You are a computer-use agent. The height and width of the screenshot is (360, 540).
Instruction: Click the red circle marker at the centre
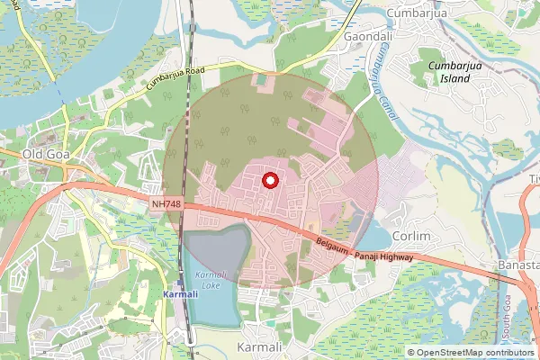[268, 181]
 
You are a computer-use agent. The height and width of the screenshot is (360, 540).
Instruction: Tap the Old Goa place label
[46, 154]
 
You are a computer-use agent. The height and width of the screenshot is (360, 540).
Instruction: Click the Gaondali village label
[367, 37]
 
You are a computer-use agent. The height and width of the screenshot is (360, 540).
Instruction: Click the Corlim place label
[413, 236]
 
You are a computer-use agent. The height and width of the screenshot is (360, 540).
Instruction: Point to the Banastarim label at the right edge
[518, 266]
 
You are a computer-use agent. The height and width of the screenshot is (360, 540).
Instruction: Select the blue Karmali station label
[179, 294]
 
